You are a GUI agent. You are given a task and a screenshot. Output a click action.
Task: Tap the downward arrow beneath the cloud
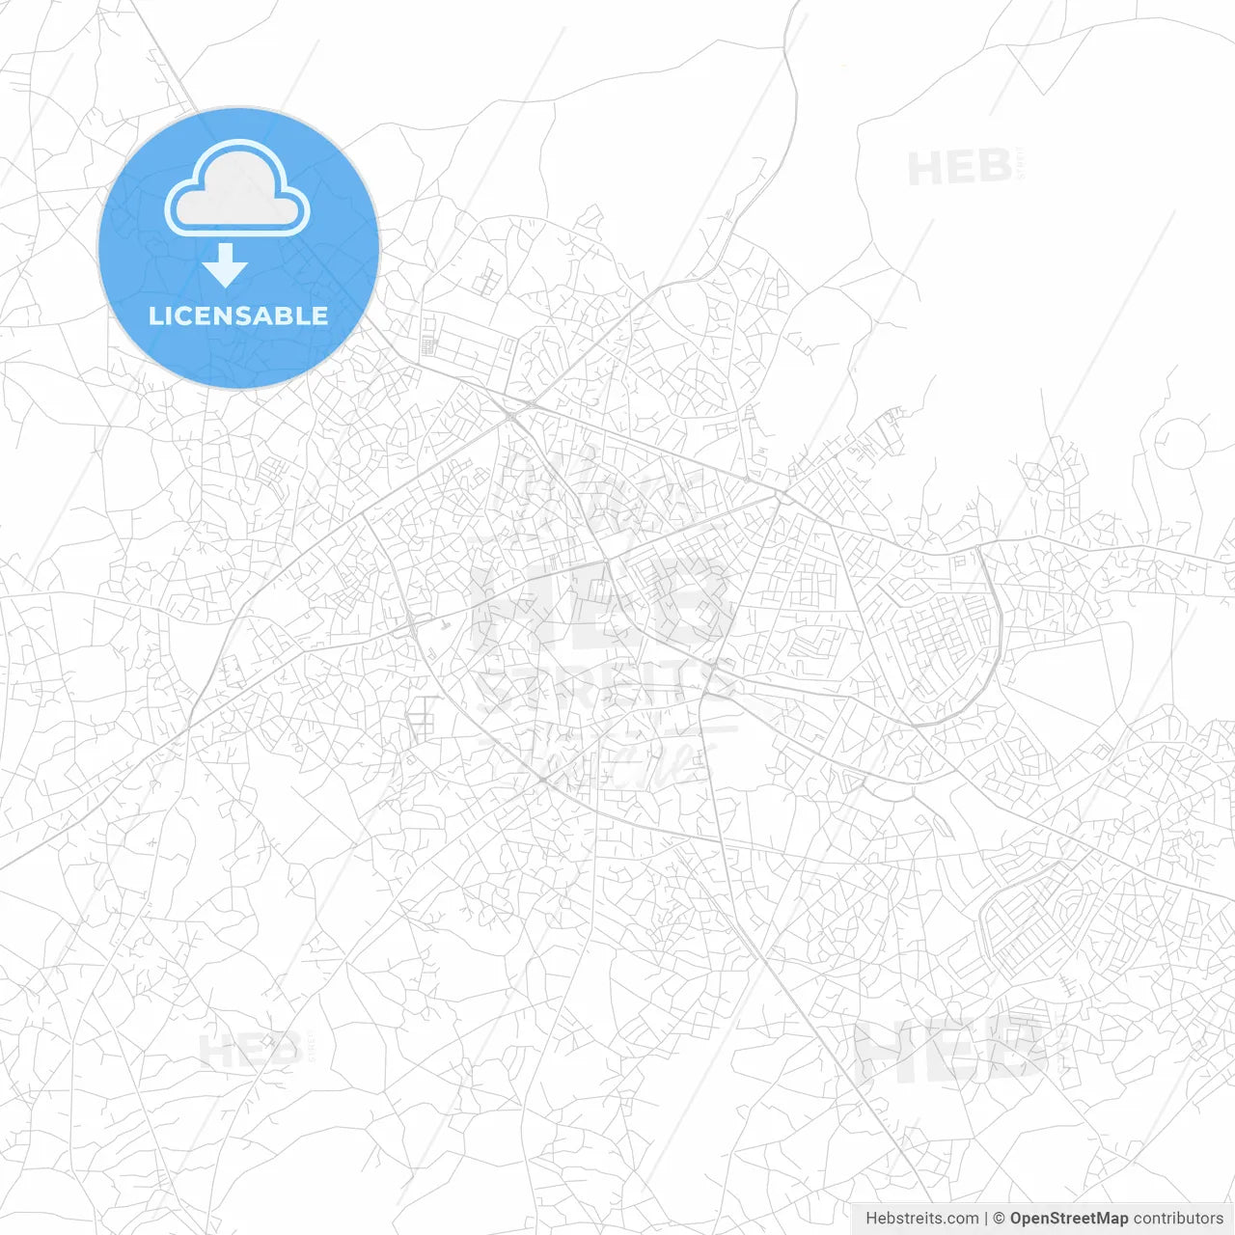(226, 265)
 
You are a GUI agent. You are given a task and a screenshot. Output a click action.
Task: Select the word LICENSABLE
(238, 316)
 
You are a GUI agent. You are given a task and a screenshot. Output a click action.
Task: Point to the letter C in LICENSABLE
(182, 316)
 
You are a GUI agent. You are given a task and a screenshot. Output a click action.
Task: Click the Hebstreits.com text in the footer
(921, 1219)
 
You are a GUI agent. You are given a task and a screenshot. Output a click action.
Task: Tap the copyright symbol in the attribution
(1000, 1219)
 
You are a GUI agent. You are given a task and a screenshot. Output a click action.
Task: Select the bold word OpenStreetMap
(1069, 1219)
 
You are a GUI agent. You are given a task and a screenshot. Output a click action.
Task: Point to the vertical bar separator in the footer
(986, 1219)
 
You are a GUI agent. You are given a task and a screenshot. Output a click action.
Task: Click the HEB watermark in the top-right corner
(960, 168)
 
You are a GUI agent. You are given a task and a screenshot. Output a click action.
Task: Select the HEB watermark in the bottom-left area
(250, 1051)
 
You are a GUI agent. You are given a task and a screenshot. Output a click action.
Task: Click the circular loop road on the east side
(1180, 444)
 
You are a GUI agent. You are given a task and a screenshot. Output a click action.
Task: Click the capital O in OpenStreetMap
(1017, 1219)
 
